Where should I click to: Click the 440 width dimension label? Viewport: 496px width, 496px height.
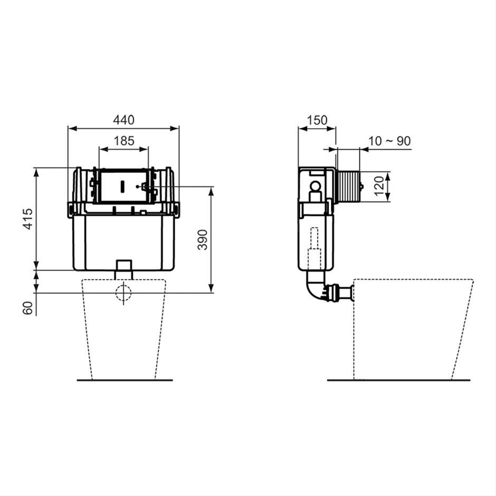click(123, 120)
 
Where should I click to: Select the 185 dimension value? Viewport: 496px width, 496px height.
click(123, 141)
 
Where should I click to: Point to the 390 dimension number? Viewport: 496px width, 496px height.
click(203, 240)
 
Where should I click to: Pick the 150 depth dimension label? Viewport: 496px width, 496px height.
click(317, 120)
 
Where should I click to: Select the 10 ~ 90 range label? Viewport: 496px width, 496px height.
click(389, 141)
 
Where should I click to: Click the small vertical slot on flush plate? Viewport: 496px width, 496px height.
click(122, 186)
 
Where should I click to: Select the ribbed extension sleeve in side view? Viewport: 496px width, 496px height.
click(347, 186)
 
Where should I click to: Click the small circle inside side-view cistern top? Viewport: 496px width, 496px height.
click(316, 186)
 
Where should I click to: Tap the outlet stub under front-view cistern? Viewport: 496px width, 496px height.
click(123, 269)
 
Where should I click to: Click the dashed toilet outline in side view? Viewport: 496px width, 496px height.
click(412, 327)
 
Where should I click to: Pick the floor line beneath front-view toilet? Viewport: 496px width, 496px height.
click(125, 380)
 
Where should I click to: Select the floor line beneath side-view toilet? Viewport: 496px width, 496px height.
click(398, 380)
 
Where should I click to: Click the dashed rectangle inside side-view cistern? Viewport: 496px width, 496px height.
click(315, 246)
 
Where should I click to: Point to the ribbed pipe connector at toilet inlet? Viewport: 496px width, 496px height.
click(338, 293)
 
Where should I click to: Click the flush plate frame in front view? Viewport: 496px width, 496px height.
click(123, 186)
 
